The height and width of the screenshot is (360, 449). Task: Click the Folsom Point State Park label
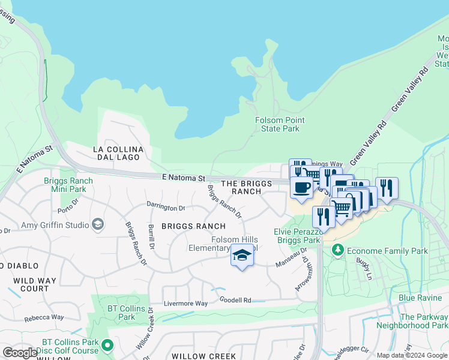[277, 124]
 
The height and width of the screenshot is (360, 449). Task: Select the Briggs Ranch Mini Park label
[68, 185]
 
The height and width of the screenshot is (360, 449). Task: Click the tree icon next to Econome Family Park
[337, 250]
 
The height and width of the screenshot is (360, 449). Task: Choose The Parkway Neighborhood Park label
[412, 321]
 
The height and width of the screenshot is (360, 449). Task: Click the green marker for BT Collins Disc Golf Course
[107, 344]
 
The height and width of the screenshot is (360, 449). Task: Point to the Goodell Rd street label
[235, 299]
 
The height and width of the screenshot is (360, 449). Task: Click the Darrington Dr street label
[166, 207]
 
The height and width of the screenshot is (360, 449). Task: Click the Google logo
[20, 353]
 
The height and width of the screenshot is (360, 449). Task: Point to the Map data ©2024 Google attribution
[412, 355]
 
